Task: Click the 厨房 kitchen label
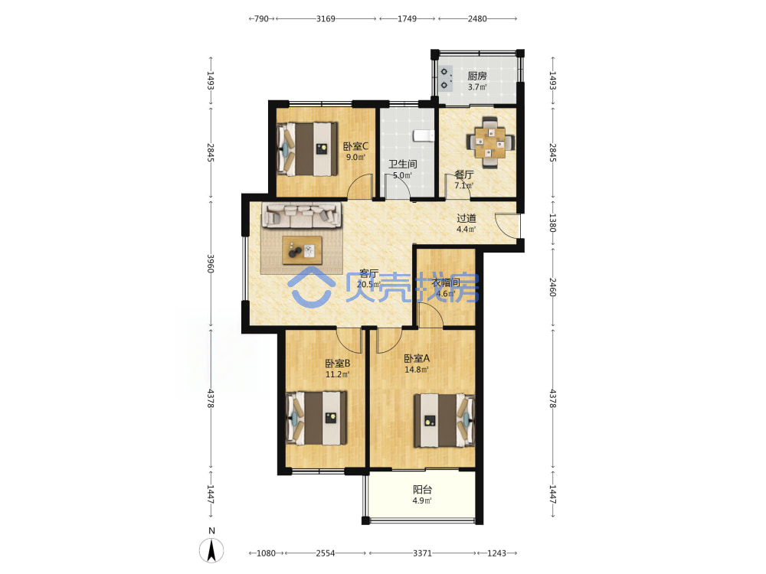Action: tap(476, 76)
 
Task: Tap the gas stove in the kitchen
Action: tap(446, 79)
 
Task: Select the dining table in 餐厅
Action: tap(489, 142)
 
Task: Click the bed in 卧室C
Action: tap(307, 149)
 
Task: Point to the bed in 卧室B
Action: tap(316, 418)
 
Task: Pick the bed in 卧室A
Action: tap(444, 421)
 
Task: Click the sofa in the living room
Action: tap(301, 216)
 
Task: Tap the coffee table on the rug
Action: tap(302, 250)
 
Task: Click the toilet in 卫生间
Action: tap(424, 134)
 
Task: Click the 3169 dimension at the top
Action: tap(326, 18)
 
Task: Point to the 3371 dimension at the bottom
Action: tap(423, 553)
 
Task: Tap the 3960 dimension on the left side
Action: tap(211, 263)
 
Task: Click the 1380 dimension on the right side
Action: tap(552, 223)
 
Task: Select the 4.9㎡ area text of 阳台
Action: tap(422, 501)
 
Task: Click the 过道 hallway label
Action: tap(466, 218)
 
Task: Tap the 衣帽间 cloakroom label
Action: tap(446, 282)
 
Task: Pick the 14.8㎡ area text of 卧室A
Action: tap(417, 370)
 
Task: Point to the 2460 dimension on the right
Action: tap(552, 288)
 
